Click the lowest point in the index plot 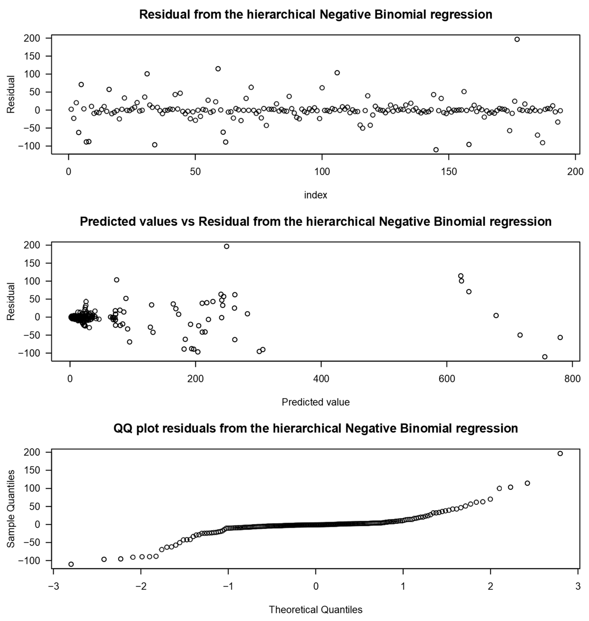[x=436, y=150]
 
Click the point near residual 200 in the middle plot [x=226, y=246]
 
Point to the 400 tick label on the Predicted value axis [x=321, y=379]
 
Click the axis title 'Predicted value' [x=315, y=402]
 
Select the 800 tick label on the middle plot [x=572, y=379]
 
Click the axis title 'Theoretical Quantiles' [x=315, y=610]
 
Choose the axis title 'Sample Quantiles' [x=11, y=508]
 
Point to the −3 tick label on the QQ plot [x=53, y=586]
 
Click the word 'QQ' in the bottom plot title [x=123, y=428]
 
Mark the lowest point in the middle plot [x=545, y=357]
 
